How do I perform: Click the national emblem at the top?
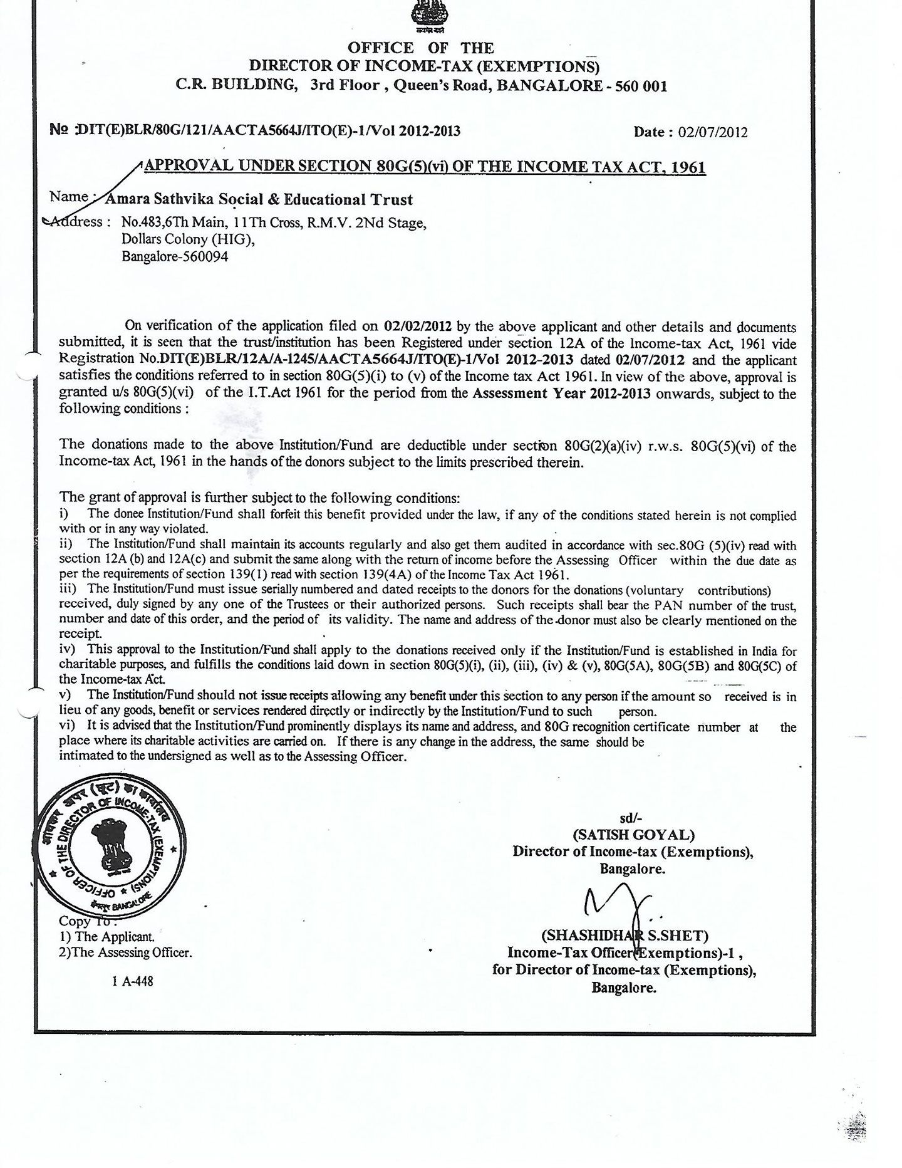pos(427,14)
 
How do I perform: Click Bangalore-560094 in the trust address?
pos(175,256)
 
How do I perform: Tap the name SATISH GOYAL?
pos(633,835)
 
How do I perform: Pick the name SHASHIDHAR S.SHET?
pos(625,936)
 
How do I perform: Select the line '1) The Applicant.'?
pos(106,937)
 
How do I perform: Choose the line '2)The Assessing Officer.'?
pos(125,953)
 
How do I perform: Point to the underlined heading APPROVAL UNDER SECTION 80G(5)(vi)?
pos(425,166)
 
